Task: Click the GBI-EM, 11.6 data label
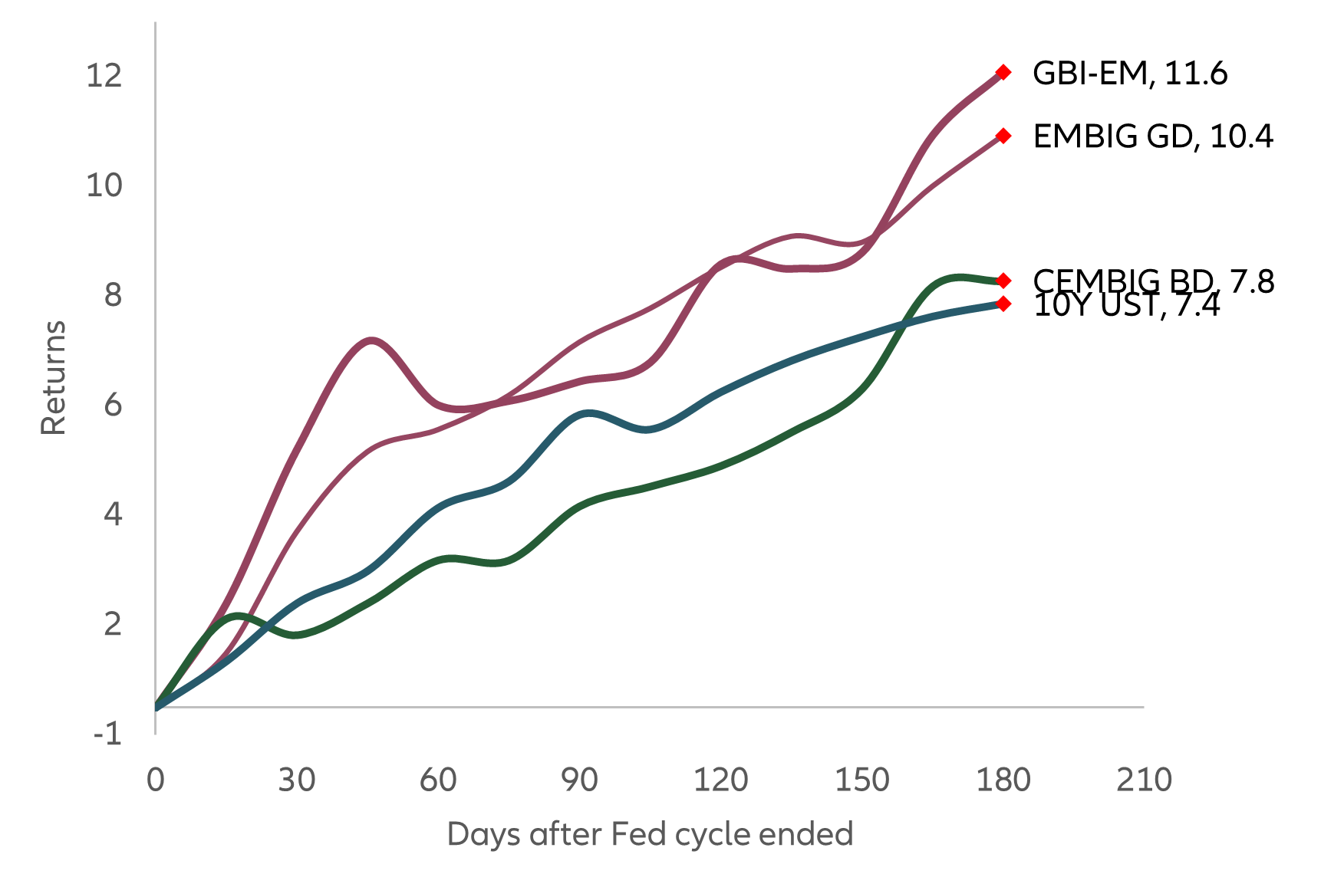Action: click(x=1129, y=74)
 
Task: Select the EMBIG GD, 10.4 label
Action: click(x=1152, y=136)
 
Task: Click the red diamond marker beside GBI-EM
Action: click(x=1003, y=72)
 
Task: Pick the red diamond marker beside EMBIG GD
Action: click(x=1003, y=136)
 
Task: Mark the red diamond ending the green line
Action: click(x=1003, y=281)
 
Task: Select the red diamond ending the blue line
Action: click(x=1003, y=304)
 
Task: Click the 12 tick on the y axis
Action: click(x=104, y=75)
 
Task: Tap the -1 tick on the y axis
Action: click(x=107, y=734)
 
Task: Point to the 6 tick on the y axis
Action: click(x=113, y=404)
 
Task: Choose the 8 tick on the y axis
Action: click(x=113, y=294)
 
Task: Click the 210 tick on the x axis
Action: click(x=1144, y=780)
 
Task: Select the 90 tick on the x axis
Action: click(x=579, y=780)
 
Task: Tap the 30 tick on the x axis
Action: click(x=296, y=780)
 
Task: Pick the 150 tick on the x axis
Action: click(x=861, y=780)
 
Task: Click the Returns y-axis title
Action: click(x=54, y=378)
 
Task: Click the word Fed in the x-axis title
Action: click(x=631, y=833)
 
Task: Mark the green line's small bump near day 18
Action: click(x=238, y=615)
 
